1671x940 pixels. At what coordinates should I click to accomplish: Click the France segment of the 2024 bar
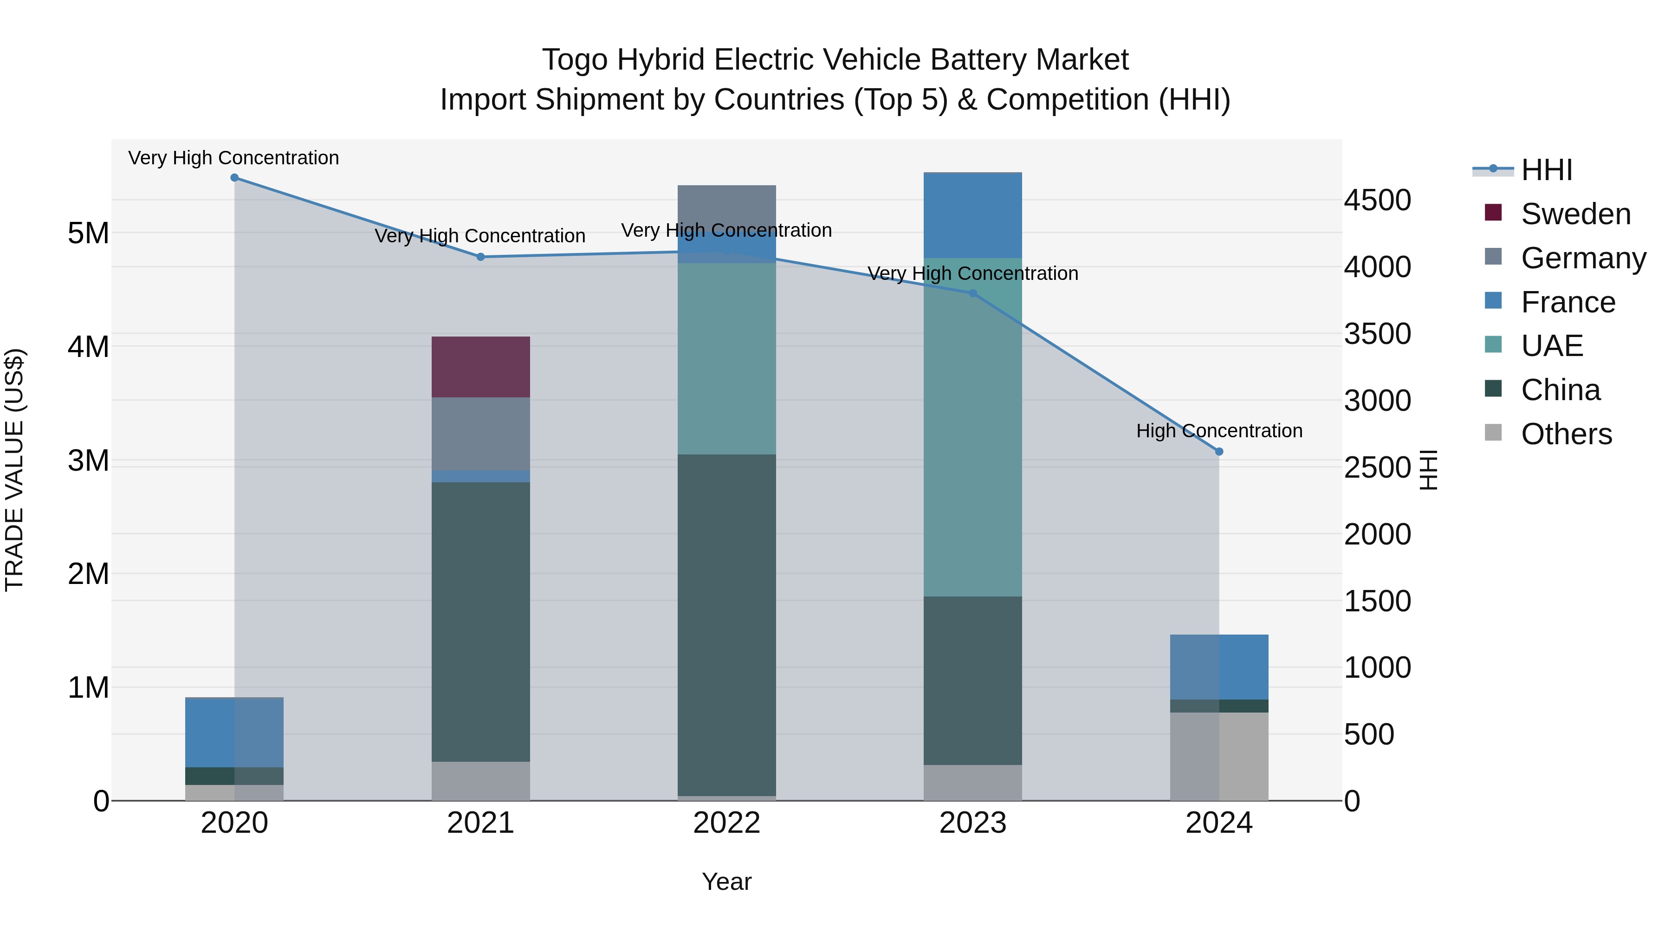tap(1219, 667)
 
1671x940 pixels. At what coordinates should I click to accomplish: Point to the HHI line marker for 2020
tap(235, 178)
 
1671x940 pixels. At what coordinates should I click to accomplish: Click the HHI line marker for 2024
tap(1219, 452)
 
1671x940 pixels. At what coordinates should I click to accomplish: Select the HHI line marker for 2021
tap(481, 257)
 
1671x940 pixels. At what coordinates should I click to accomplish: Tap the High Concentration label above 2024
tap(1219, 431)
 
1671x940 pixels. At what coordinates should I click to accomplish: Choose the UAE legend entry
tap(1552, 346)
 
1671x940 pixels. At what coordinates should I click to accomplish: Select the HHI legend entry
tap(1547, 170)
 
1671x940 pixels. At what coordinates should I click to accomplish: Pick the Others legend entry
tap(1566, 434)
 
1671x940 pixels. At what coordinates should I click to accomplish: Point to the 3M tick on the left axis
tap(88, 460)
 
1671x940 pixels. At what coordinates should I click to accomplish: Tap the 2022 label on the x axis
tap(726, 823)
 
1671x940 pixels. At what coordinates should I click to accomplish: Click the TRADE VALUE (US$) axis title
tap(14, 470)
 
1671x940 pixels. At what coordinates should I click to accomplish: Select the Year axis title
tap(726, 882)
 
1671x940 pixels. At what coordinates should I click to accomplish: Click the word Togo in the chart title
tap(575, 60)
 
